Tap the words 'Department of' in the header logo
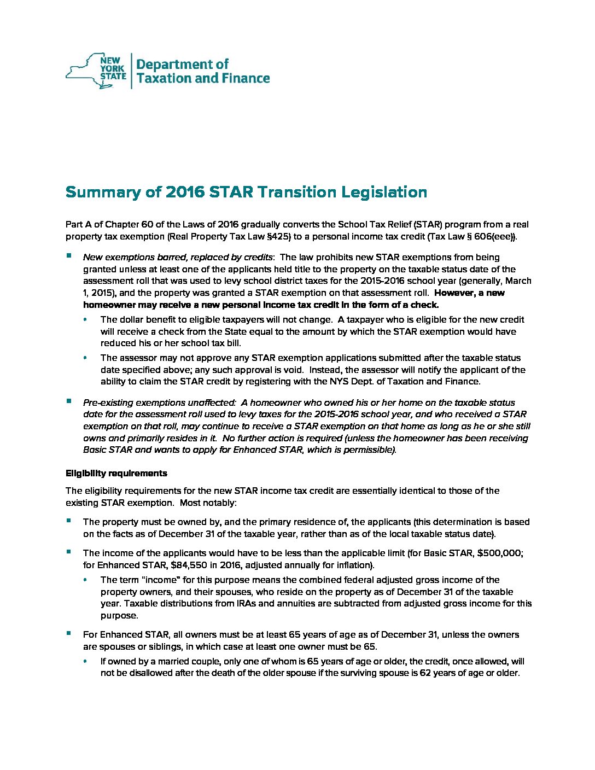pyautogui.click(x=182, y=64)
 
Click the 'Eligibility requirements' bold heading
pyautogui.click(x=116, y=473)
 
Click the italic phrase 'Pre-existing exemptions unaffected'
pyautogui.click(x=159, y=402)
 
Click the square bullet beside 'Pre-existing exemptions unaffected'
pyautogui.click(x=69, y=401)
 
